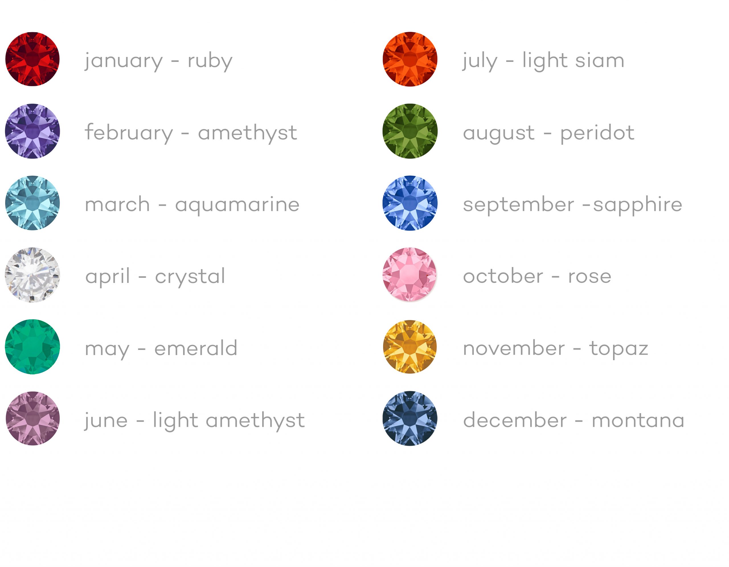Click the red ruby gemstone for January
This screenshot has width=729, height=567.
click(32, 59)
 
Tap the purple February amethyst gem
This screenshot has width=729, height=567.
click(32, 131)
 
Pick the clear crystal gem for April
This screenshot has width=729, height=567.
click(32, 275)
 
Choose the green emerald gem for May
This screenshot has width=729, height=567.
click(32, 347)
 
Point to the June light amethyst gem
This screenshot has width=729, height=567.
click(33, 418)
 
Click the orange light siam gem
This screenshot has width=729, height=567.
click(410, 59)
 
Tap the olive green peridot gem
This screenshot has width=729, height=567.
click(410, 131)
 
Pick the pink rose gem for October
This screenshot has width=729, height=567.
click(409, 274)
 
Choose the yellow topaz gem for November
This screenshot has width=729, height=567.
click(410, 347)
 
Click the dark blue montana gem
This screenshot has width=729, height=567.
click(410, 418)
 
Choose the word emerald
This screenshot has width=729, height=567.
click(196, 348)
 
